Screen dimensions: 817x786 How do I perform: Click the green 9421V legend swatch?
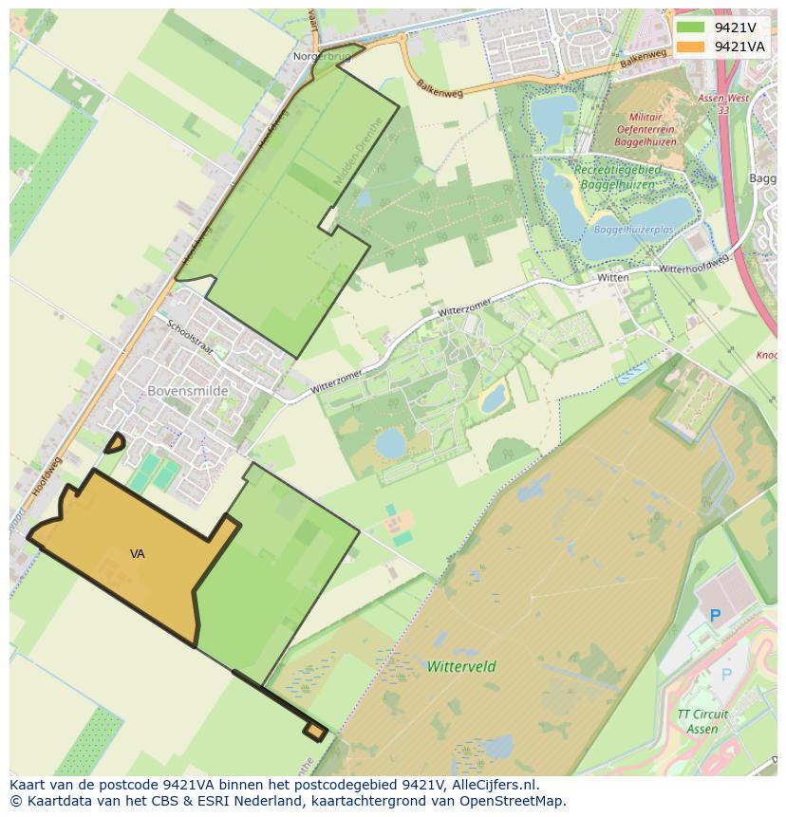(690, 28)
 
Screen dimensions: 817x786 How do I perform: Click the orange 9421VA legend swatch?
(690, 46)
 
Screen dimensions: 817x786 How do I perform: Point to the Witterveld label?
(461, 666)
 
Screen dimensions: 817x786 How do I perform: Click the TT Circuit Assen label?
(703, 721)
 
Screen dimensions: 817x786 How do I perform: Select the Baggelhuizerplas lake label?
(633, 230)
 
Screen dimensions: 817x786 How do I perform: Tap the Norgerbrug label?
(322, 57)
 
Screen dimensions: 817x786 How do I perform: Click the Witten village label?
(612, 277)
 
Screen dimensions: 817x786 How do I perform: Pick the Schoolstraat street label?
(191, 339)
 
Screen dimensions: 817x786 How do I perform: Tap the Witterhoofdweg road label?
(693, 265)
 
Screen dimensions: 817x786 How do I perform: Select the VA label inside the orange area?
(138, 553)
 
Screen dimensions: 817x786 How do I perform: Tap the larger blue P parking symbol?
(715, 616)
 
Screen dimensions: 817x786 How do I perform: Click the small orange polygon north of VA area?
(114, 442)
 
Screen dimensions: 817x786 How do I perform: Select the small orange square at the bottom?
(315, 731)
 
